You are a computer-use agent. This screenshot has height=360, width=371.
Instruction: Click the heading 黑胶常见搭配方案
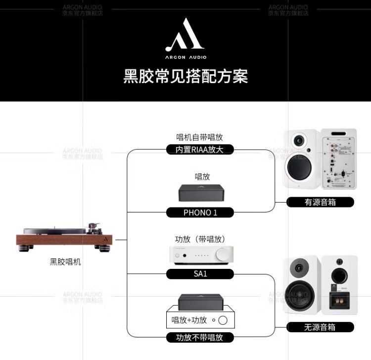(x=185, y=77)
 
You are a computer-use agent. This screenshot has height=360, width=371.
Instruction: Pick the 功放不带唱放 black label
(x=200, y=338)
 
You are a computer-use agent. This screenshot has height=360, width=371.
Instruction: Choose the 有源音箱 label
(x=320, y=202)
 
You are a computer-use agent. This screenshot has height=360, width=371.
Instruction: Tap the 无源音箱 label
(x=320, y=327)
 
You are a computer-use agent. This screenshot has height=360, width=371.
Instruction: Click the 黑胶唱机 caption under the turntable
(x=65, y=262)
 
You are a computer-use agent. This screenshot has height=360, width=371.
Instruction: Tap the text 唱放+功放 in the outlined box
(x=189, y=320)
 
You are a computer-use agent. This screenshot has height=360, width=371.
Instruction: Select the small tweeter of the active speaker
(x=299, y=141)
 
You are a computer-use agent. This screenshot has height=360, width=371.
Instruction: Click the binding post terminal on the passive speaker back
(x=340, y=299)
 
